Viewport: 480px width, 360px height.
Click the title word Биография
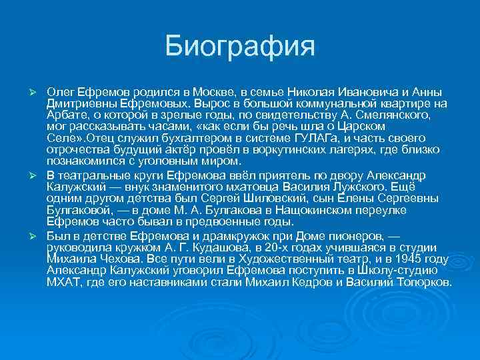click(239, 47)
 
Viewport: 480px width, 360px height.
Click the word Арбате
click(65, 114)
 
